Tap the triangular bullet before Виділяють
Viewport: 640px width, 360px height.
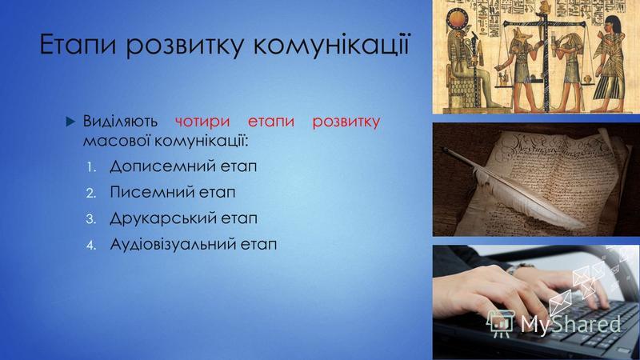click(x=70, y=122)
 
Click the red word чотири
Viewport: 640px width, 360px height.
click(x=202, y=122)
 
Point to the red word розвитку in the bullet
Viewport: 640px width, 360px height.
click(x=346, y=122)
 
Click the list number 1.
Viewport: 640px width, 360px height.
click(x=90, y=167)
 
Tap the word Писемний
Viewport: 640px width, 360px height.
click(x=151, y=193)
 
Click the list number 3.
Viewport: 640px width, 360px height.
click(x=90, y=219)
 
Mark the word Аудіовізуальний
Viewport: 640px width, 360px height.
click(x=172, y=245)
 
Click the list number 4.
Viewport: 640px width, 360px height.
click(x=90, y=246)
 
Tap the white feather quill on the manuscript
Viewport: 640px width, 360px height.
click(x=514, y=189)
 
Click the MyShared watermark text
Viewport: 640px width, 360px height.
click(x=570, y=324)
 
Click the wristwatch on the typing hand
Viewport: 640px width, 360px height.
click(x=521, y=267)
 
